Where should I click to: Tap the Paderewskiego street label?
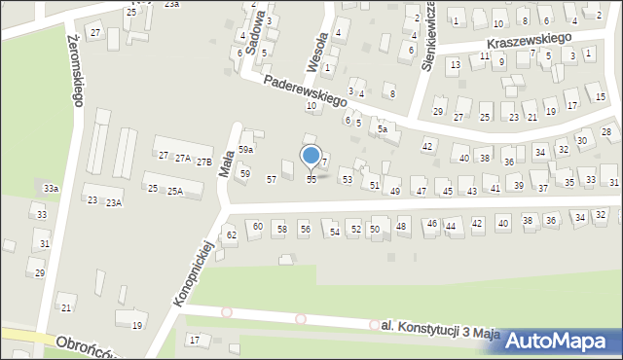pyautogui.click(x=308, y=94)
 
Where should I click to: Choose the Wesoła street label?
pyautogui.click(x=313, y=49)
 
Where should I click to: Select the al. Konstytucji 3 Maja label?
pyautogui.click(x=435, y=331)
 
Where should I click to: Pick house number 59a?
pyautogui.click(x=246, y=149)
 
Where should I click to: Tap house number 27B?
pyautogui.click(x=203, y=162)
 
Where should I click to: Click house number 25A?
pyautogui.click(x=175, y=192)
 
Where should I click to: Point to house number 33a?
pyautogui.click(x=51, y=188)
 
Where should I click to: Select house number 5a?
pyautogui.click(x=384, y=129)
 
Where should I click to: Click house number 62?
pyautogui.click(x=231, y=235)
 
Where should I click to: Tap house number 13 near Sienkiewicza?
pyautogui.click(x=455, y=64)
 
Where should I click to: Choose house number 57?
pyautogui.click(x=272, y=180)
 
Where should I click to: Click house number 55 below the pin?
pyautogui.click(x=311, y=180)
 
